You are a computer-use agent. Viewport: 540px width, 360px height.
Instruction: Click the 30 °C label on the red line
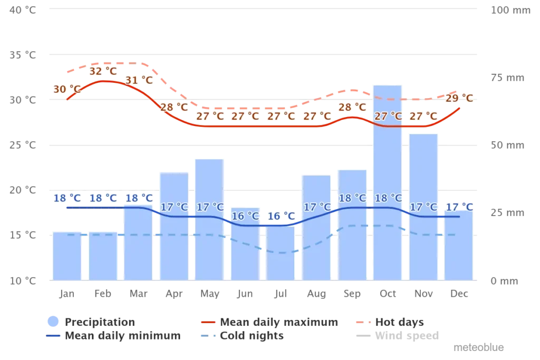[x=67, y=89]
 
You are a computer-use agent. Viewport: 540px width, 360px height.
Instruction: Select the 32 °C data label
[x=103, y=71]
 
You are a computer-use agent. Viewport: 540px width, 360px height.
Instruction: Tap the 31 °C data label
[x=139, y=80]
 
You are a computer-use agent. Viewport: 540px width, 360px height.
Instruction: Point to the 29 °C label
[x=459, y=98]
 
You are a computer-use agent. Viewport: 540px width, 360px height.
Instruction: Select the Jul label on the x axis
[x=280, y=294]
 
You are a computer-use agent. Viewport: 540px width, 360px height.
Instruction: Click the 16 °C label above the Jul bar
[x=281, y=216]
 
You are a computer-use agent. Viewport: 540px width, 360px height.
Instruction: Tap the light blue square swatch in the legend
[x=53, y=322]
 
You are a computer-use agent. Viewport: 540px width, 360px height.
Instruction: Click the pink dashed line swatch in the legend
[x=362, y=322]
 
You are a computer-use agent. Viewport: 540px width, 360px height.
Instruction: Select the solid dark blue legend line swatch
[x=53, y=336]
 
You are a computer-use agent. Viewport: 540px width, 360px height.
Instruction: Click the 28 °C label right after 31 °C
[x=174, y=106]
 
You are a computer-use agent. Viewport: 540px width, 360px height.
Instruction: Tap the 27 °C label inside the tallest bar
[x=388, y=116]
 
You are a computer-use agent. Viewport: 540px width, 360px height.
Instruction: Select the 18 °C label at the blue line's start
[x=67, y=198]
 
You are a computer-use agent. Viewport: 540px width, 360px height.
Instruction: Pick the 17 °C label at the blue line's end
[x=459, y=207]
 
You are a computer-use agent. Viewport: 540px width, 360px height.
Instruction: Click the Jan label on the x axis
[x=66, y=294]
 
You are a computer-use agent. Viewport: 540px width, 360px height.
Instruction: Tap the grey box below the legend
[x=478, y=348]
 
